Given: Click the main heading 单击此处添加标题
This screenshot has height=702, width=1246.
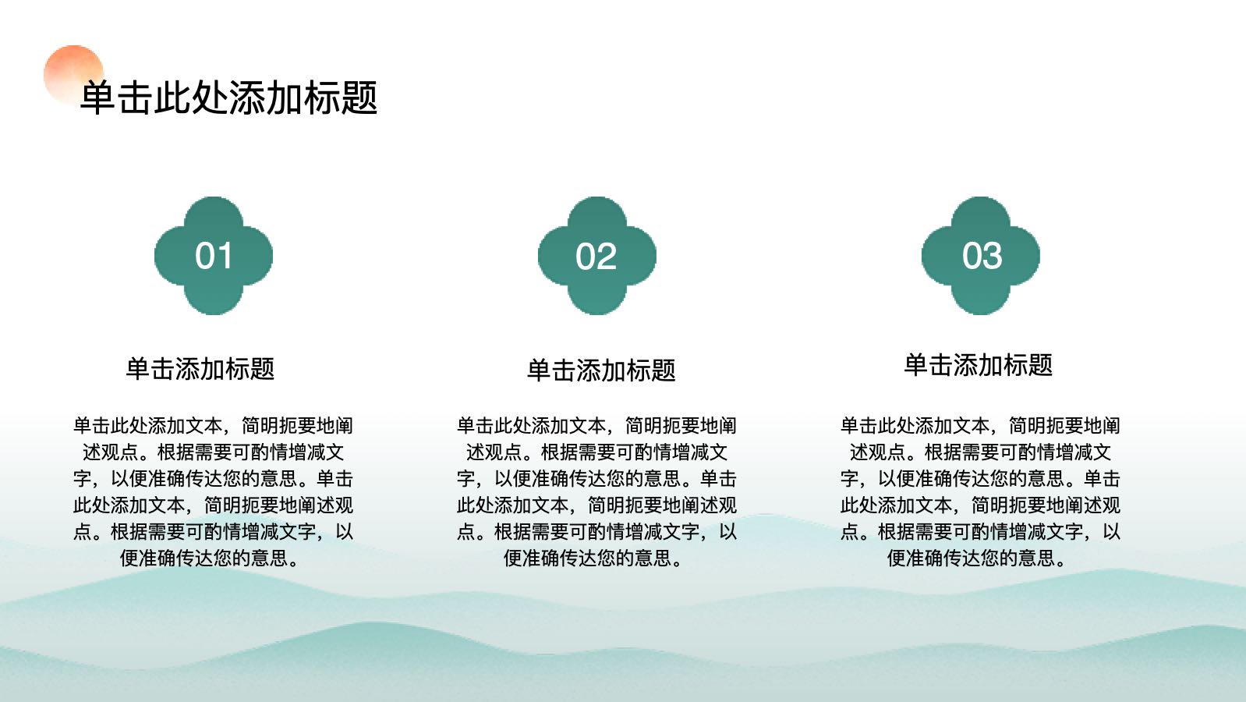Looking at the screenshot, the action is click(x=229, y=98).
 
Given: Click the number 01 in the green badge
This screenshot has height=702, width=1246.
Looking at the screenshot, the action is click(x=214, y=256).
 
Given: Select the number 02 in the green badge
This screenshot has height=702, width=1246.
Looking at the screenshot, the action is click(x=596, y=257).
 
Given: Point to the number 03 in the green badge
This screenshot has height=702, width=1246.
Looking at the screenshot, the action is click(x=982, y=256).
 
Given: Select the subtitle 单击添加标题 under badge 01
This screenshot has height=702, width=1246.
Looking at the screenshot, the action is click(x=200, y=368).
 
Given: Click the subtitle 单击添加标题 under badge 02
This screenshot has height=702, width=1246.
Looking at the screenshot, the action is click(x=601, y=370).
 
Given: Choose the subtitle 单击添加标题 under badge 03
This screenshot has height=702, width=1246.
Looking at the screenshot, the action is click(x=979, y=365).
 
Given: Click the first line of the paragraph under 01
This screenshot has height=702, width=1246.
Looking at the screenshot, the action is click(x=213, y=426).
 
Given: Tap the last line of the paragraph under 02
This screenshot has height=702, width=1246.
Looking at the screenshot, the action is click(x=593, y=558).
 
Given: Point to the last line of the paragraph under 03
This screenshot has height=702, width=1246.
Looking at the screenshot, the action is click(x=977, y=558).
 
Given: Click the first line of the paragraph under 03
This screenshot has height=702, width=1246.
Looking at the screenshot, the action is click(x=980, y=426).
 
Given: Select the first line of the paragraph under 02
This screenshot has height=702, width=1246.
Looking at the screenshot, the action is click(x=596, y=426).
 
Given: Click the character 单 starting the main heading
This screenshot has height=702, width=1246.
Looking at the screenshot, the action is click(x=98, y=98).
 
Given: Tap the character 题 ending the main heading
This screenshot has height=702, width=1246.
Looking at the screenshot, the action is click(x=360, y=98).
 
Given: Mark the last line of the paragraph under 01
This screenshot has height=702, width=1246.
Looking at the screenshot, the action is click(x=210, y=558).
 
